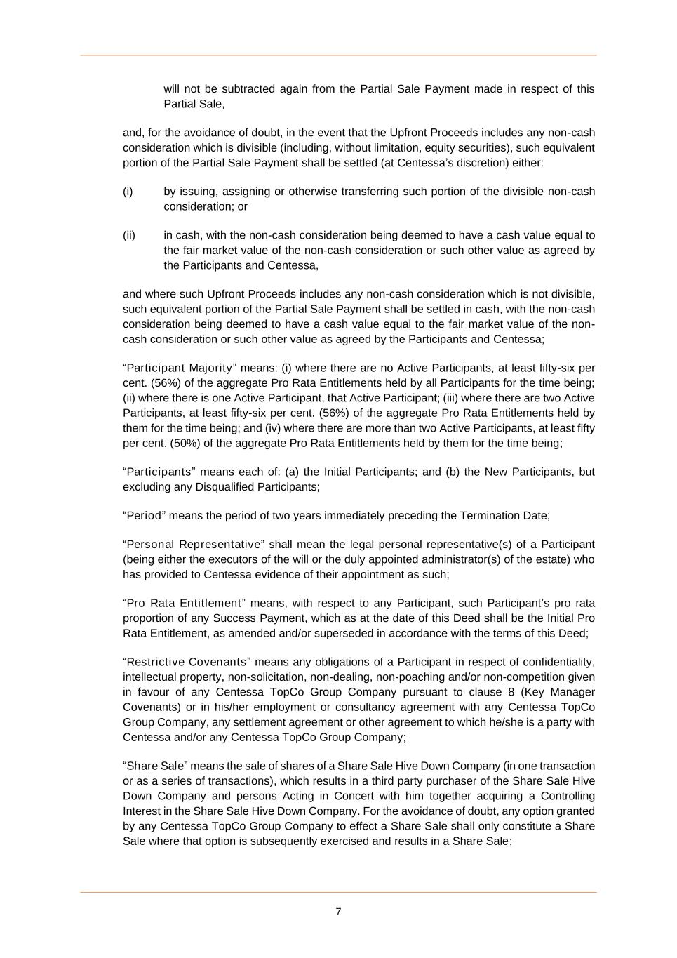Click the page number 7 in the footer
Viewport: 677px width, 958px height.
(338, 912)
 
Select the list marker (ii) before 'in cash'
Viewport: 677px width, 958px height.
(129, 235)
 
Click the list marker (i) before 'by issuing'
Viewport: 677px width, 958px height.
(128, 192)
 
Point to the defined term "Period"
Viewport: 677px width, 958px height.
(143, 516)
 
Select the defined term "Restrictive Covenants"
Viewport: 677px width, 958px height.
(186, 663)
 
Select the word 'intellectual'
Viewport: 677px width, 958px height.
(152, 677)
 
